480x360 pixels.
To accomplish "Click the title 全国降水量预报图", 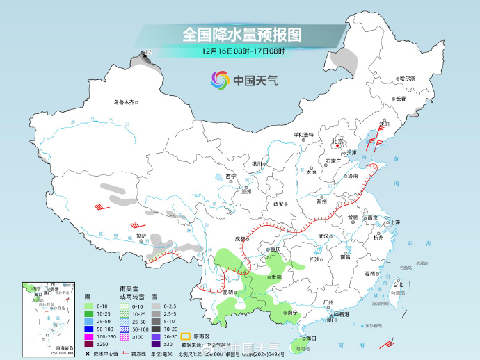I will (243, 34).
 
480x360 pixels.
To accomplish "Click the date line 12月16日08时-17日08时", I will (243, 51).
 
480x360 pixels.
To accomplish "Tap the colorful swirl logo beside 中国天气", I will (221, 80).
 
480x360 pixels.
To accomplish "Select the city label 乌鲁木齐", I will (123, 102).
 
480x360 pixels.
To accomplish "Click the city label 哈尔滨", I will (406, 78).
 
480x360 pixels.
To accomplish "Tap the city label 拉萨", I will (141, 236).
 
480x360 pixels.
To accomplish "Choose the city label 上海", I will (395, 222).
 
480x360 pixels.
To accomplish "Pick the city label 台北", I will (399, 285).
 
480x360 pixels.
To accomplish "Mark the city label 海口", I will (310, 338).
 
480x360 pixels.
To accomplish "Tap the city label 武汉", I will (323, 236).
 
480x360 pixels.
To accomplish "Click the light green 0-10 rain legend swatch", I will (88, 306).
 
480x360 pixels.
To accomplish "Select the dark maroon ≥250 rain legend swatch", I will (88, 344).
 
